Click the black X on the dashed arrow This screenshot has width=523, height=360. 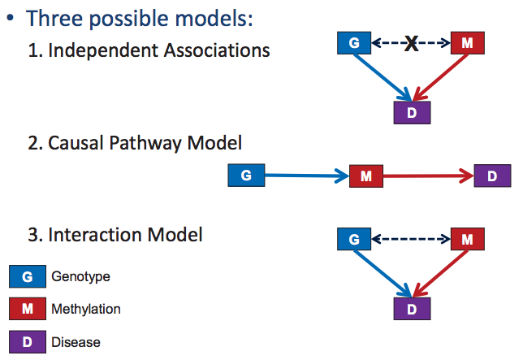411,44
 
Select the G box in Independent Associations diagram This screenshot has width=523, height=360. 354,43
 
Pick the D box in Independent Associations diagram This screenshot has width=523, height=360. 412,112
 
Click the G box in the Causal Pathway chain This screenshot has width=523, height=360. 246,176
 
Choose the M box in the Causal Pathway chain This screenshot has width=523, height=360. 365,176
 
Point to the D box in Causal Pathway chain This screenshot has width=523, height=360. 493,176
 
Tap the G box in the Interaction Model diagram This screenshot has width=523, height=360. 354,239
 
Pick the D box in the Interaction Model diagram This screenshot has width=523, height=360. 412,309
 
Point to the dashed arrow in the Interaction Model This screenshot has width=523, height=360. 411,239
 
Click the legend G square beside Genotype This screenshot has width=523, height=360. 28,276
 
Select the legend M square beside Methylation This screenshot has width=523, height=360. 28,309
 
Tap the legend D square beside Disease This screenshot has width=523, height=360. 28,341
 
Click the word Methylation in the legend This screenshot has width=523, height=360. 85,310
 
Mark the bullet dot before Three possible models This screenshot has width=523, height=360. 12,18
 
